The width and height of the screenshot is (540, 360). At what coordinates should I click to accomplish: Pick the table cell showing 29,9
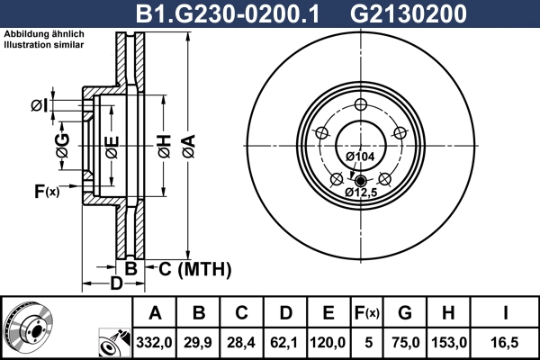[199, 342]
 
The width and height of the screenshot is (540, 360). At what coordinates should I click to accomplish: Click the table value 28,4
[241, 342]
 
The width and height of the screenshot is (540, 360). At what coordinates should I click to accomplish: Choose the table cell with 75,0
[404, 342]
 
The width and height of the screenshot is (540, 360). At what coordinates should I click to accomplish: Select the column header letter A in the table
[155, 313]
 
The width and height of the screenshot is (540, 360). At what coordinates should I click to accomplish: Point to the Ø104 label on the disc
[360, 157]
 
